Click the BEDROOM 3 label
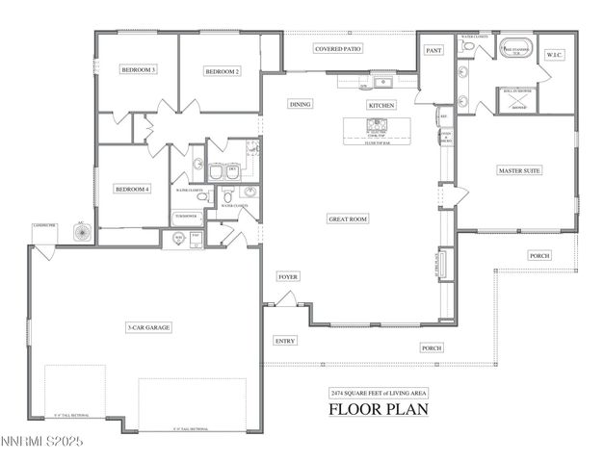tap(138, 70)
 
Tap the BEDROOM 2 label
tap(222, 71)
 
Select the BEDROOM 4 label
tap(133, 189)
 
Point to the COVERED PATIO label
tap(338, 48)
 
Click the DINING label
tap(301, 104)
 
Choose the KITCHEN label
tap(381, 104)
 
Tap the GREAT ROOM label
tap(347, 219)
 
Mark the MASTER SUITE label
tap(518, 170)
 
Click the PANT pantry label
tap(433, 50)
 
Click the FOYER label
tap(288, 276)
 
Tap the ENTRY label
tap(285, 341)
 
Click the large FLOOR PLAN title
tap(379, 408)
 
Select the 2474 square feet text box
tap(379, 394)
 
